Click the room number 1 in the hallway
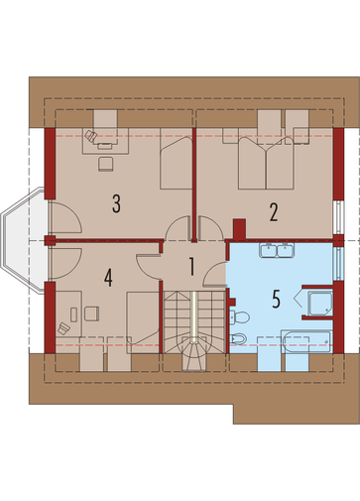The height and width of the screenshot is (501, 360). click(191, 267)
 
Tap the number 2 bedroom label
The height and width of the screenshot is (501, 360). click(274, 212)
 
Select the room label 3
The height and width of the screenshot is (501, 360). click(116, 203)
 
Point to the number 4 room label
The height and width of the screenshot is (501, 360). click(108, 278)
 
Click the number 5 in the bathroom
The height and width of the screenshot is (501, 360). click(277, 299)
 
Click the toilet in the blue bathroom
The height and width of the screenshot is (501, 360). click(239, 317)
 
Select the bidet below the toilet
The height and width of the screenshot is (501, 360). click(238, 338)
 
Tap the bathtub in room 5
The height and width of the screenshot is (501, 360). click(306, 341)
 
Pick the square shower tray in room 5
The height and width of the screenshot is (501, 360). click(319, 304)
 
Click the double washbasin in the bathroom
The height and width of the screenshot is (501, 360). click(277, 250)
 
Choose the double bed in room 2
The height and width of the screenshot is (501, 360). click(266, 163)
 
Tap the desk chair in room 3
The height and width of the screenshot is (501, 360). click(106, 164)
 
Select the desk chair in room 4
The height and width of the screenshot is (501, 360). click(91, 313)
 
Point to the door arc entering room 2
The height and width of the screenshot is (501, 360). click(210, 228)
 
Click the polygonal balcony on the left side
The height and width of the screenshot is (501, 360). click(23, 240)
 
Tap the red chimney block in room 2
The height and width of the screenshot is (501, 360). click(240, 229)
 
